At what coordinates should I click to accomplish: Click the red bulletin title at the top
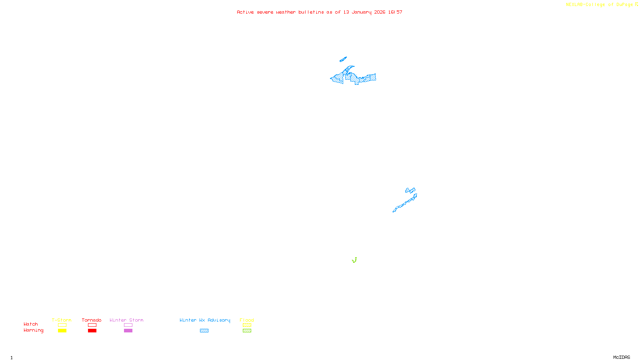pos(319,12)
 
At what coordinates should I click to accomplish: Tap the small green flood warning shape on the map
pos(354,260)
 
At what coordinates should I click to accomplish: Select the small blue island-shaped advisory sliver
pos(343,60)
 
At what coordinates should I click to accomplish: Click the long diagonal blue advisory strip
pos(405,203)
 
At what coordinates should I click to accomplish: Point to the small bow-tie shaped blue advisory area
pos(410,190)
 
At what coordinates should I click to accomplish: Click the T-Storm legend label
pos(62,320)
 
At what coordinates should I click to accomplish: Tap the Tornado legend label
pos(92,320)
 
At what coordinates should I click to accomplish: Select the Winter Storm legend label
pos(126,320)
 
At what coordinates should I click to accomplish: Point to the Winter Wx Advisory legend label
pos(205,320)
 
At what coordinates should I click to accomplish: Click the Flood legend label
pos(247,320)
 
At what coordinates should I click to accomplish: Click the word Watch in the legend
pos(31,324)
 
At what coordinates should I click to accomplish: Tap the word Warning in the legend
pos(34,330)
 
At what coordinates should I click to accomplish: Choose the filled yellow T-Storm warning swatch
pos(62,331)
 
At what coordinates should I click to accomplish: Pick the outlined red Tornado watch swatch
pos(92,325)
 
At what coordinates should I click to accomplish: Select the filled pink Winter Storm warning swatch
pos(128,331)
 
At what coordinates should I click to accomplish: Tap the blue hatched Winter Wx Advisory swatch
pos(204,331)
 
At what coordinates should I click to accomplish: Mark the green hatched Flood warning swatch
pos(247,331)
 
